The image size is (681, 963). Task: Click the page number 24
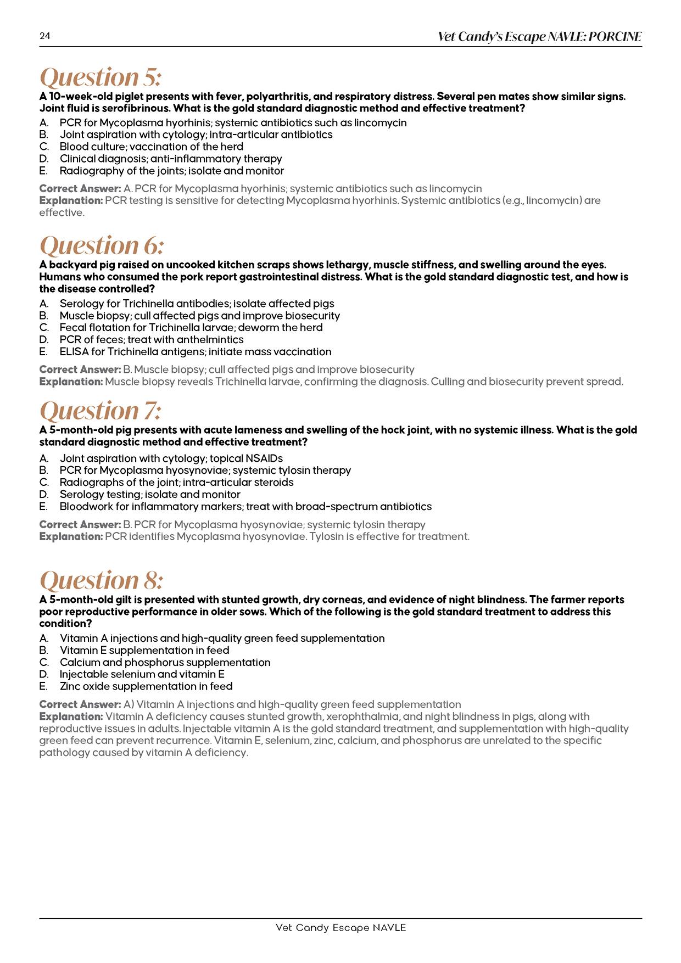pyautogui.click(x=44, y=37)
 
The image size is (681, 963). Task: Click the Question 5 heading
pyautogui.click(x=101, y=77)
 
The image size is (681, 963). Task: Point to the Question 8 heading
pyautogui.click(x=102, y=580)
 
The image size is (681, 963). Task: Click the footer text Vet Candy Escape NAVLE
pyautogui.click(x=340, y=927)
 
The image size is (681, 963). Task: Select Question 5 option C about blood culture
pyautogui.click(x=151, y=147)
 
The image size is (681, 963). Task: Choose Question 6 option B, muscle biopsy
pyautogui.click(x=199, y=316)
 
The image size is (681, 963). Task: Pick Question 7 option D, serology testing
pyautogui.click(x=150, y=494)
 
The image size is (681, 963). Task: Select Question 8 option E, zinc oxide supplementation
pyautogui.click(x=146, y=686)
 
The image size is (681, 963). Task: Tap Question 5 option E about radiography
pyautogui.click(x=171, y=171)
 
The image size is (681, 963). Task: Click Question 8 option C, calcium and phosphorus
pyautogui.click(x=165, y=662)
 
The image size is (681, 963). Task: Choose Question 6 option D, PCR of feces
pyautogui.click(x=151, y=339)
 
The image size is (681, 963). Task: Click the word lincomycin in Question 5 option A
pyautogui.click(x=380, y=122)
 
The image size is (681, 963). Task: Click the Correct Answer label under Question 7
pyautogui.click(x=80, y=524)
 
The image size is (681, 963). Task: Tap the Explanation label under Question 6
pyautogui.click(x=71, y=382)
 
